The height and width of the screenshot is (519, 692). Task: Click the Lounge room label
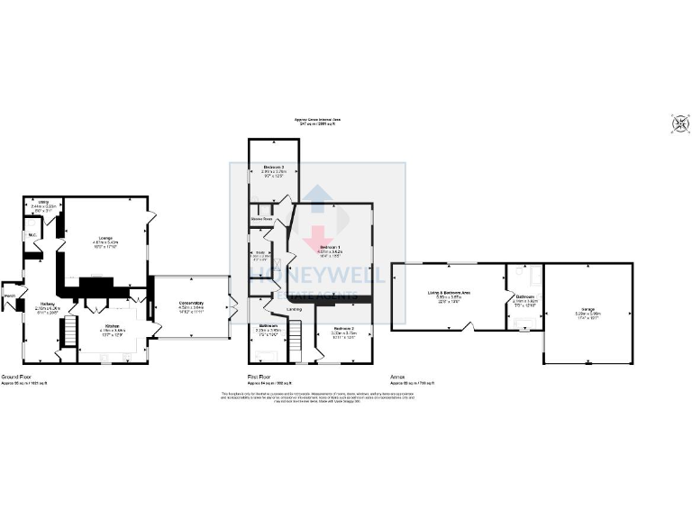106,237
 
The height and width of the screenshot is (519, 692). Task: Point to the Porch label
11,296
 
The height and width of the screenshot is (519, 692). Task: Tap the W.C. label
32,235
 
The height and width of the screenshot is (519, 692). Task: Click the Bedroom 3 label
274,168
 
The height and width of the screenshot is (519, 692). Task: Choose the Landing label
294,310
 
